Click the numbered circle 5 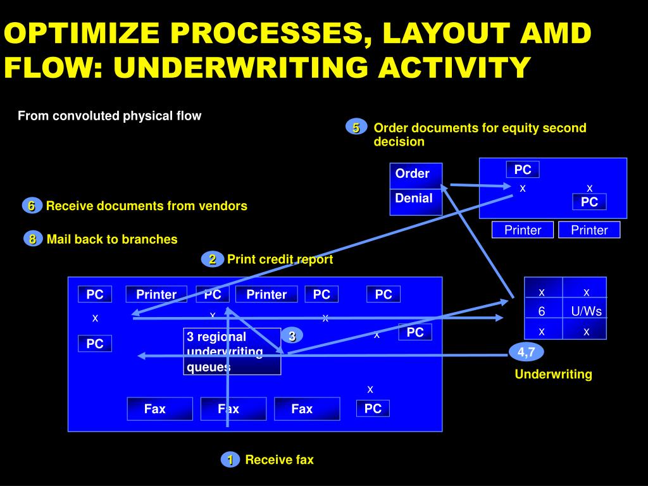tap(356, 128)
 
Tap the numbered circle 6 tap(30, 206)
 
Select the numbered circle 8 tap(32, 239)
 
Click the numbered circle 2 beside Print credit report tap(213, 259)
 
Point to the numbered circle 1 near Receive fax tap(230, 460)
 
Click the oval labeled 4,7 tap(526, 352)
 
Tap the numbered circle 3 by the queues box tap(292, 336)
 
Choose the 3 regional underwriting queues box tap(232, 351)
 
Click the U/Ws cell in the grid tap(586, 311)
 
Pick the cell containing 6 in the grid tap(542, 311)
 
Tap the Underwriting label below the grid tap(553, 374)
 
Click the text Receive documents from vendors tap(147, 206)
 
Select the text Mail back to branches tap(112, 239)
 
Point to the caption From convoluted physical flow tap(109, 116)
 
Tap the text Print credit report tap(280, 259)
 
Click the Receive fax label tap(279, 460)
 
